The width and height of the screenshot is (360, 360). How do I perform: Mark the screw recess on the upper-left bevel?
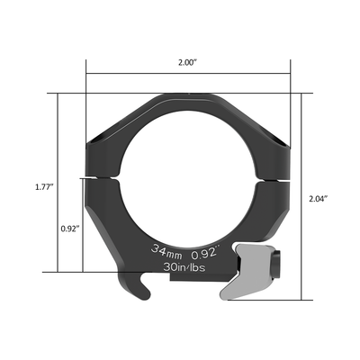(101, 139)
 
